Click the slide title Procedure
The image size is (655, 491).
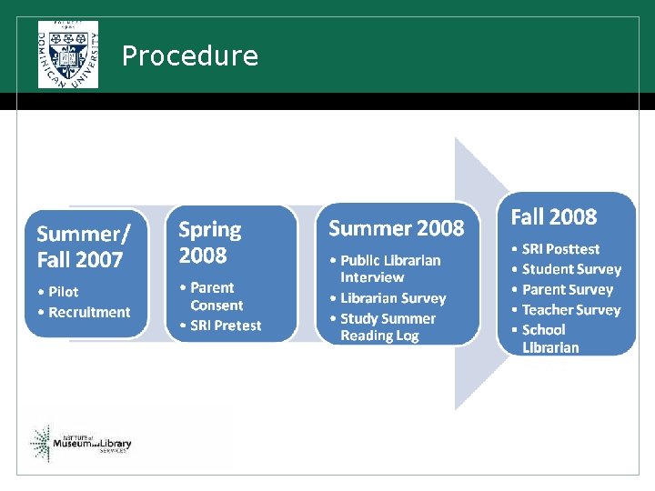[189, 56]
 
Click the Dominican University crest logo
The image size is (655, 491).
[68, 54]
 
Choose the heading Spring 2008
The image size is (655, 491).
[210, 241]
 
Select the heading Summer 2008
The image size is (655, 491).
[396, 228]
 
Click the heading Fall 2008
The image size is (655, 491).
[553, 217]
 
